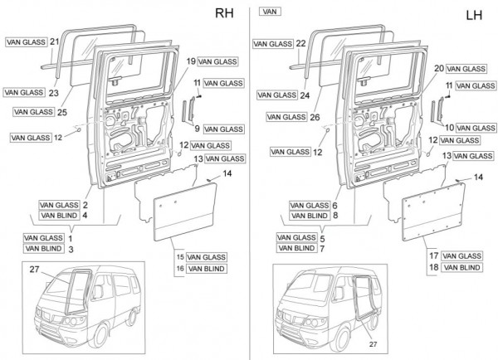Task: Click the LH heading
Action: point(475,14)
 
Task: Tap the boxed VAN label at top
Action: point(269,13)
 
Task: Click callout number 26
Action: point(314,117)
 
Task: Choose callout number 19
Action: point(190,61)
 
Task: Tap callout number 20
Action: point(438,67)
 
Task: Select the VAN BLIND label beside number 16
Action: point(207,269)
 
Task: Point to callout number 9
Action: point(198,129)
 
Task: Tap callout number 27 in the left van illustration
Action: point(34,270)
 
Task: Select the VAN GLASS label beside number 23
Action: point(23,92)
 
